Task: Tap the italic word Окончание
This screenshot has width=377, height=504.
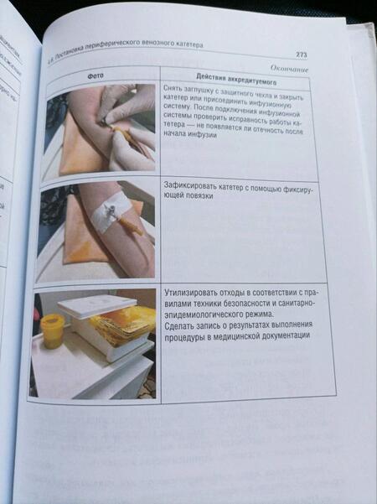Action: (x=289, y=68)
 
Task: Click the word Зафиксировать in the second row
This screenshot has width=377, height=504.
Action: (x=192, y=193)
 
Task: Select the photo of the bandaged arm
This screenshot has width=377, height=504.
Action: (x=96, y=227)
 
